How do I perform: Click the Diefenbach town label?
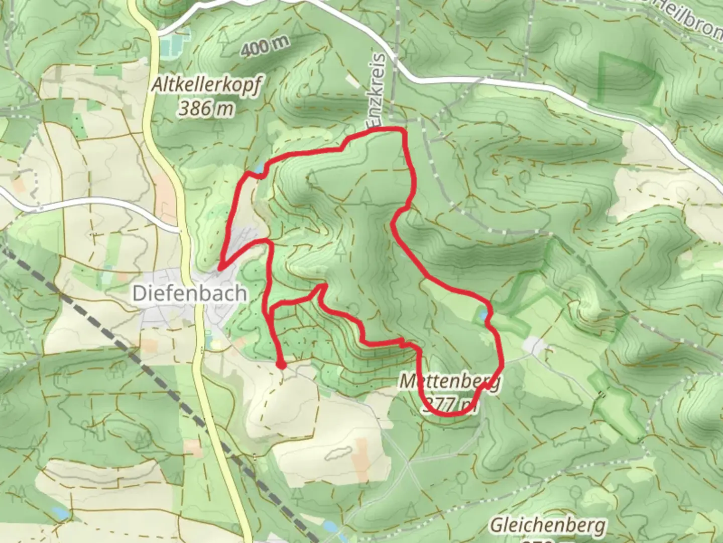(189, 293)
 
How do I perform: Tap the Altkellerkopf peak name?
(206, 86)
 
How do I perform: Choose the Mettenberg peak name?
(450, 381)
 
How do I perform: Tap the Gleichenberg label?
(547, 525)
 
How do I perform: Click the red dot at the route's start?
(281, 364)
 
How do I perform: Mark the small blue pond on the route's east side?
(483, 316)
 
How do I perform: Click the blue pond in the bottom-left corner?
(59, 513)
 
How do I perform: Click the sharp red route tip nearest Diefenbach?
(220, 267)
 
